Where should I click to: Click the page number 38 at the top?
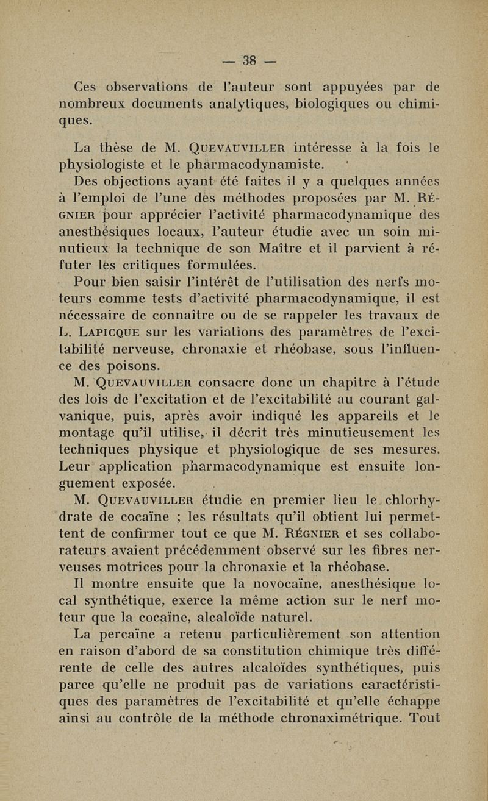pos(249,60)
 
